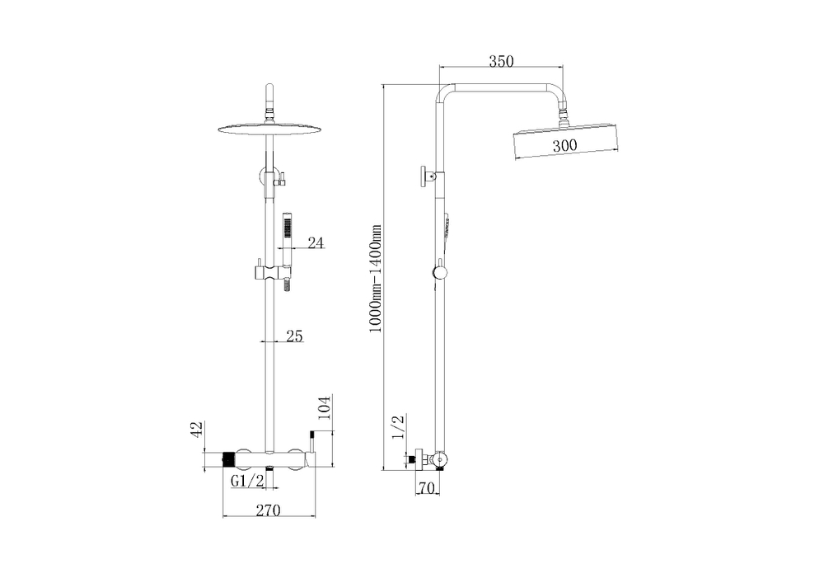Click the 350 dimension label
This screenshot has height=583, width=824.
[501, 62]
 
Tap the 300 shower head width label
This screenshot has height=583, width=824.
[564, 145]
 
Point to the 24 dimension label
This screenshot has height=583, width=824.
[316, 242]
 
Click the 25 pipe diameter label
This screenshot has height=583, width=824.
[294, 336]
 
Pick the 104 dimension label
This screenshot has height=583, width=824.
[325, 408]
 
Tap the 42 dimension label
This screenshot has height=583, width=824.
[197, 429]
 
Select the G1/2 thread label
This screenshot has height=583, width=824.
[247, 481]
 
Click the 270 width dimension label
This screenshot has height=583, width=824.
[268, 510]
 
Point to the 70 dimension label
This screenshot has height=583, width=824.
[427, 488]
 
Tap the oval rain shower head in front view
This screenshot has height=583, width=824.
[269, 129]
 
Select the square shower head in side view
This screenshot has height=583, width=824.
[566, 142]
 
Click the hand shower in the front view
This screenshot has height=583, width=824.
[287, 252]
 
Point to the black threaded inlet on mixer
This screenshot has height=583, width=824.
[229, 460]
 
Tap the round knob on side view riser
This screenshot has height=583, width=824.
[439, 272]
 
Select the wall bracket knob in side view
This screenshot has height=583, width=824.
[424, 176]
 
